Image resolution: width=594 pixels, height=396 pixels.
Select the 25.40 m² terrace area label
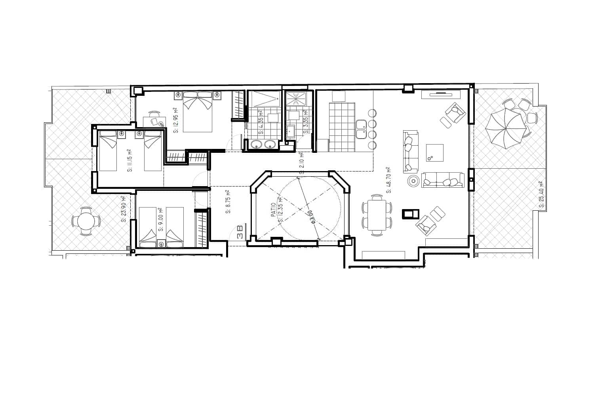541,194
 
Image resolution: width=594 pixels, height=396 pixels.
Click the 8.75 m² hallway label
228,202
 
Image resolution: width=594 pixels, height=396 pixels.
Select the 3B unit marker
240,231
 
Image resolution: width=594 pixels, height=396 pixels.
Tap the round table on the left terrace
86,221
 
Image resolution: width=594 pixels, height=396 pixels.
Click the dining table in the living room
377,215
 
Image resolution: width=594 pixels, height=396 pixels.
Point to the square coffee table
434,153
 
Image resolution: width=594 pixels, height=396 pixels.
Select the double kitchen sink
361,129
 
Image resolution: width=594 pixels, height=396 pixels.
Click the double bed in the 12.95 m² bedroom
198,111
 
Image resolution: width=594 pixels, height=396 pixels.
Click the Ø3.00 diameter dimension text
311,217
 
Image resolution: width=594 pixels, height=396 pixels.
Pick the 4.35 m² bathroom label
261,126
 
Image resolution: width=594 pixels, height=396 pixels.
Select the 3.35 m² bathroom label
305,126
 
